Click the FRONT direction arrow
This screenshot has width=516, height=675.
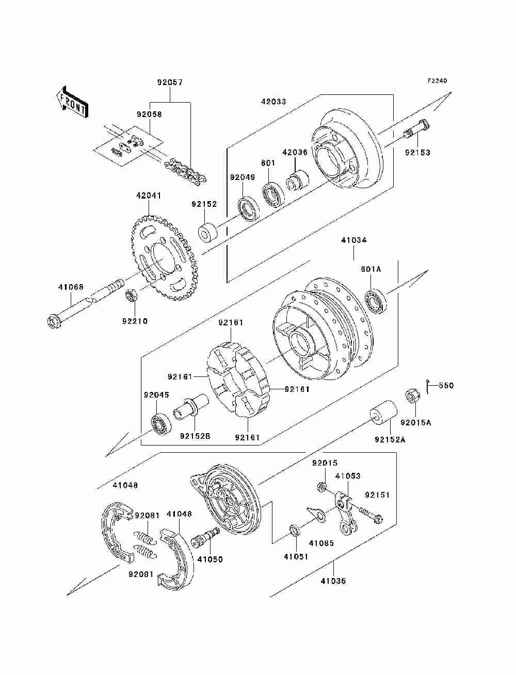72,102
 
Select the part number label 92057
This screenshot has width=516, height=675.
170,83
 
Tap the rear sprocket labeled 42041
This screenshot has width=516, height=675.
164,258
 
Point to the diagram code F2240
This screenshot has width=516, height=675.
437,81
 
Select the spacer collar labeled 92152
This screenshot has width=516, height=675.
207,233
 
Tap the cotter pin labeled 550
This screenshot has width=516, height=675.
428,386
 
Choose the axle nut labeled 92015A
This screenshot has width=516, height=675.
412,396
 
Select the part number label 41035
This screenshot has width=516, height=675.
333,581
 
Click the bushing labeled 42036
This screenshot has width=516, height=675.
297,182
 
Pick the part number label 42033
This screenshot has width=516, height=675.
273,102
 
